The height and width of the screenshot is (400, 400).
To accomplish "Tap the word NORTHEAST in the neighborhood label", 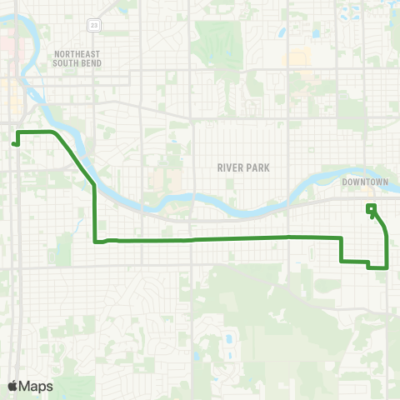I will [x=76, y=54].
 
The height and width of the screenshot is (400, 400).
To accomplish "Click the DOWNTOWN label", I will [x=365, y=182].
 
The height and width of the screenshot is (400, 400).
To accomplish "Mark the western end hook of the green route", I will [x=14, y=143].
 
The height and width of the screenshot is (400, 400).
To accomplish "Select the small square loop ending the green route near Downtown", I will [x=371, y=207].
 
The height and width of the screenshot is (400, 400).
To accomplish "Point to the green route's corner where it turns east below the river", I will [x=96, y=242].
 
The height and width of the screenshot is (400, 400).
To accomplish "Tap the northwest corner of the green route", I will [x=19, y=132].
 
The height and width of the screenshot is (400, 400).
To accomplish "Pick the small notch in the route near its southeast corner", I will [x=367, y=264].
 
